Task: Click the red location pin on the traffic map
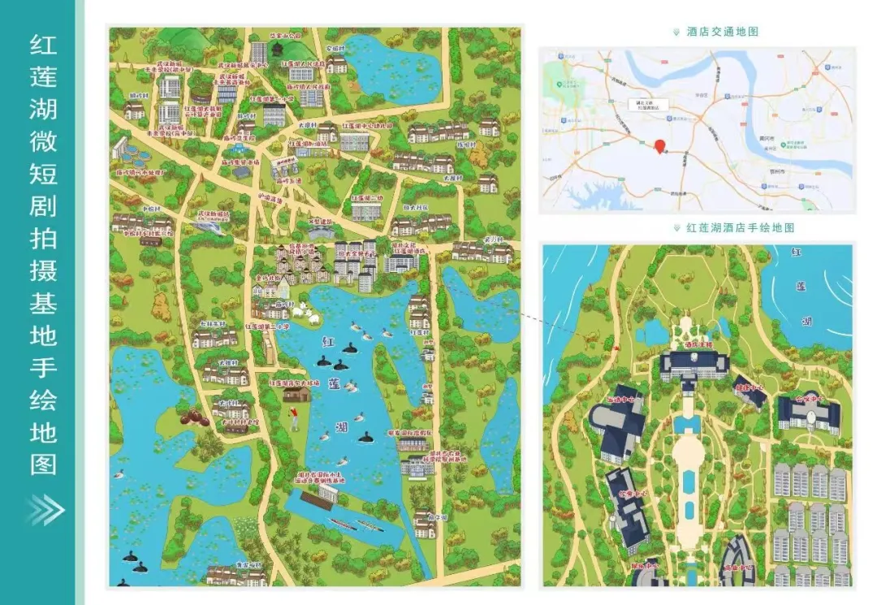coord(660,145)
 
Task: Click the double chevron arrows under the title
coord(44,510)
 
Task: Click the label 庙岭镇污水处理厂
coord(140,173)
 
